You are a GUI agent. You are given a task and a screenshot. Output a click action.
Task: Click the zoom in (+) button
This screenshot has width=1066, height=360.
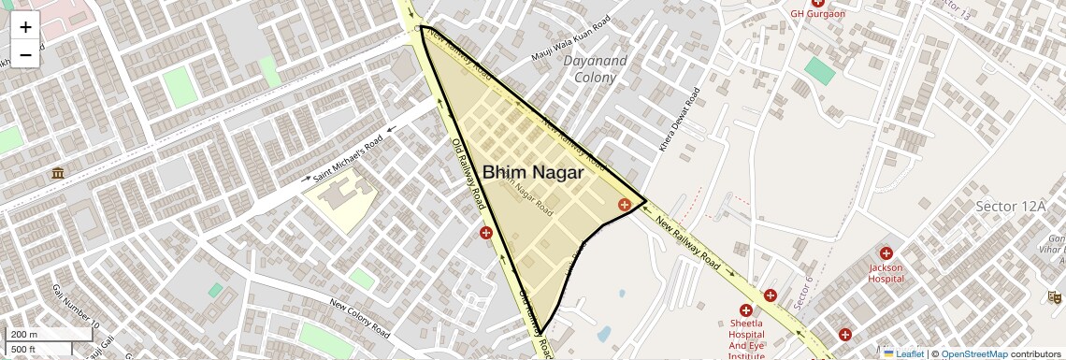click(x=25, y=27)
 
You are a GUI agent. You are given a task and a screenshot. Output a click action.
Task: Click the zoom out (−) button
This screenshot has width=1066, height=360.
click(x=25, y=54)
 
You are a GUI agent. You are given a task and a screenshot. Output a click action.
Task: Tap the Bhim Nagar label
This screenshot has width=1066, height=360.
click(x=533, y=173)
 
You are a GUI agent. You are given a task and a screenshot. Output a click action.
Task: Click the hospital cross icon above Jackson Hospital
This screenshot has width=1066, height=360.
click(x=886, y=252)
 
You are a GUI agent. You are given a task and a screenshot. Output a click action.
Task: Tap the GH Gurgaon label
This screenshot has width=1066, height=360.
click(x=817, y=14)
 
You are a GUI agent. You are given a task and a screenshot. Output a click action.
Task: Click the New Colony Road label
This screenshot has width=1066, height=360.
click(x=360, y=317)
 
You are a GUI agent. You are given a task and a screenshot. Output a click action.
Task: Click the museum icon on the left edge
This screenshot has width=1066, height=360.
click(x=58, y=174)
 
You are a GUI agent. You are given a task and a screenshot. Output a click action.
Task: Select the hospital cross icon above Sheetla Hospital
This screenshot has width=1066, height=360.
click(x=746, y=310)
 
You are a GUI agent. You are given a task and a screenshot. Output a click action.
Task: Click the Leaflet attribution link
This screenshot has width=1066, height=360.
click(x=903, y=353)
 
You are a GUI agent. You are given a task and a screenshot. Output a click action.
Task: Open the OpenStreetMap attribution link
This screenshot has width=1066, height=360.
click(x=973, y=353)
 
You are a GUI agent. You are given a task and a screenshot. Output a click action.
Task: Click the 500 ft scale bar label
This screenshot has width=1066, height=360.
click(x=24, y=350)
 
